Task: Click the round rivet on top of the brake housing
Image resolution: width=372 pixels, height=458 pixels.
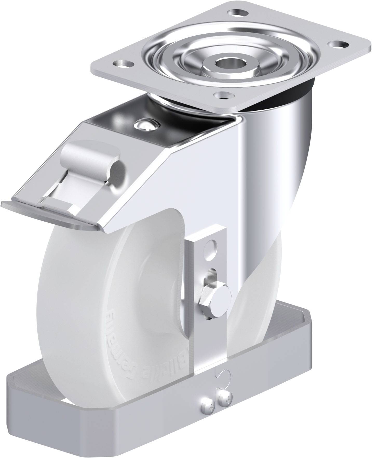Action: click(145, 124)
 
